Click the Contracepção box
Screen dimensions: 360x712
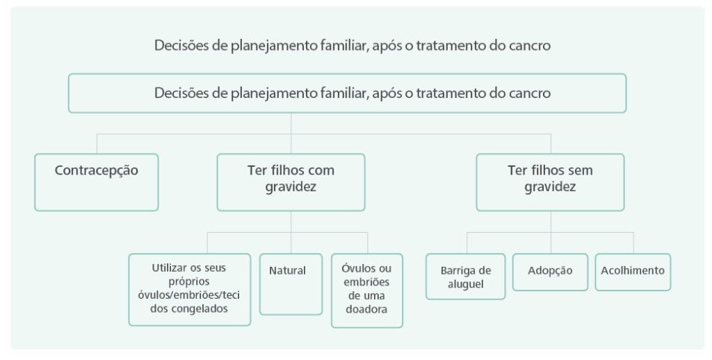[97, 181]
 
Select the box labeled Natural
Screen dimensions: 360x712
[291, 284]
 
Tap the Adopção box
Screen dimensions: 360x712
[550, 271]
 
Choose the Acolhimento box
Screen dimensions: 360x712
[633, 271]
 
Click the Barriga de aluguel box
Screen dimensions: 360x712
[465, 276]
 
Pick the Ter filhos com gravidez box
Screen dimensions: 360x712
[291, 181]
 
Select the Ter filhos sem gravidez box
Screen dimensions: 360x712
[550, 181]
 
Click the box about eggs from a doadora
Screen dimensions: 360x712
[367, 290]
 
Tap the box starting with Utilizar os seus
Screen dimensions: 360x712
[189, 289]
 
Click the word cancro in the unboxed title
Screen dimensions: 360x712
[531, 47]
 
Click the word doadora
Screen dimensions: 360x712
[367, 310]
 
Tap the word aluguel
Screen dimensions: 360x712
[466, 284]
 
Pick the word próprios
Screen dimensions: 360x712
[189, 281]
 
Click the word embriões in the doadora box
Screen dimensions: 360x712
[367, 282]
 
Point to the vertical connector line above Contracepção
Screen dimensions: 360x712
[97, 143]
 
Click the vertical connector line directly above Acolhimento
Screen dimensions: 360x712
[633, 243]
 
